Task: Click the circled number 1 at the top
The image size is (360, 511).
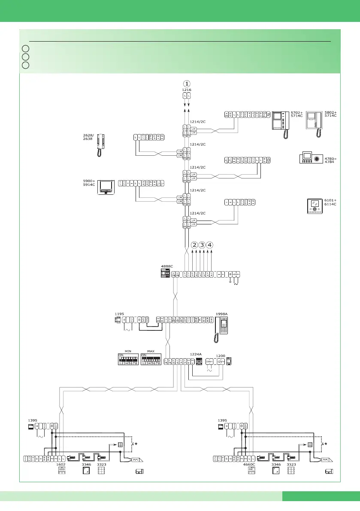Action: click(187, 83)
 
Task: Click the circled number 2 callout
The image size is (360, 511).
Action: click(194, 245)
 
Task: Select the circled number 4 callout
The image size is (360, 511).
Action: click(210, 245)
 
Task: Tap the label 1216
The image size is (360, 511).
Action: click(187, 90)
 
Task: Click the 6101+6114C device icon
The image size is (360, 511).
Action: click(315, 206)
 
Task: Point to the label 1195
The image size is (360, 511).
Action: click(119, 314)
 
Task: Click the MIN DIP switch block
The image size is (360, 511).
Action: click(128, 360)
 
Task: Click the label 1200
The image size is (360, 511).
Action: click(221, 356)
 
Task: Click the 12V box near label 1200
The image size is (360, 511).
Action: click(221, 362)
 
